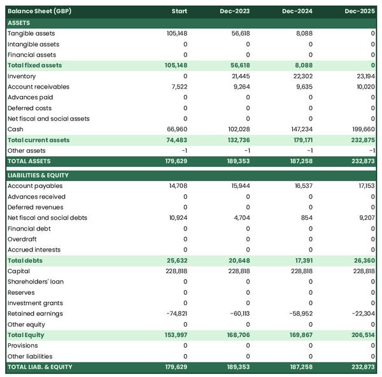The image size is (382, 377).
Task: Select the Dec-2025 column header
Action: click(360, 11)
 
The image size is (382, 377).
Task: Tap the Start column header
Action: click(179, 11)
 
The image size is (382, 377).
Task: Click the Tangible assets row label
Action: click(31, 33)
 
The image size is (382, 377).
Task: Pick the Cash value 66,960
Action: click(176, 129)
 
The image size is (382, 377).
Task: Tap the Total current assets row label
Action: click(39, 140)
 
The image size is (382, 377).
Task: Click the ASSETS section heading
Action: click(19, 22)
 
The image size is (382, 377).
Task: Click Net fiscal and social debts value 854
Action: click(306, 218)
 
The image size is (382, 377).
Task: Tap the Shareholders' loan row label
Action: click(36, 281)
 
